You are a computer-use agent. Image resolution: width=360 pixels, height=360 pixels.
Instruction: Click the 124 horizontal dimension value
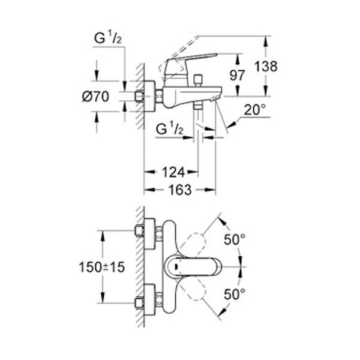coord(172,173)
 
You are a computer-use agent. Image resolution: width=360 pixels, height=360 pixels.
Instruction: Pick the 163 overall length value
coord(179,190)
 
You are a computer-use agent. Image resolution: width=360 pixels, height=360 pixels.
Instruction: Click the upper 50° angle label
coord(235,239)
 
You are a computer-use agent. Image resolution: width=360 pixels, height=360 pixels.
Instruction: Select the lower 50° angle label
coord(235,295)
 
